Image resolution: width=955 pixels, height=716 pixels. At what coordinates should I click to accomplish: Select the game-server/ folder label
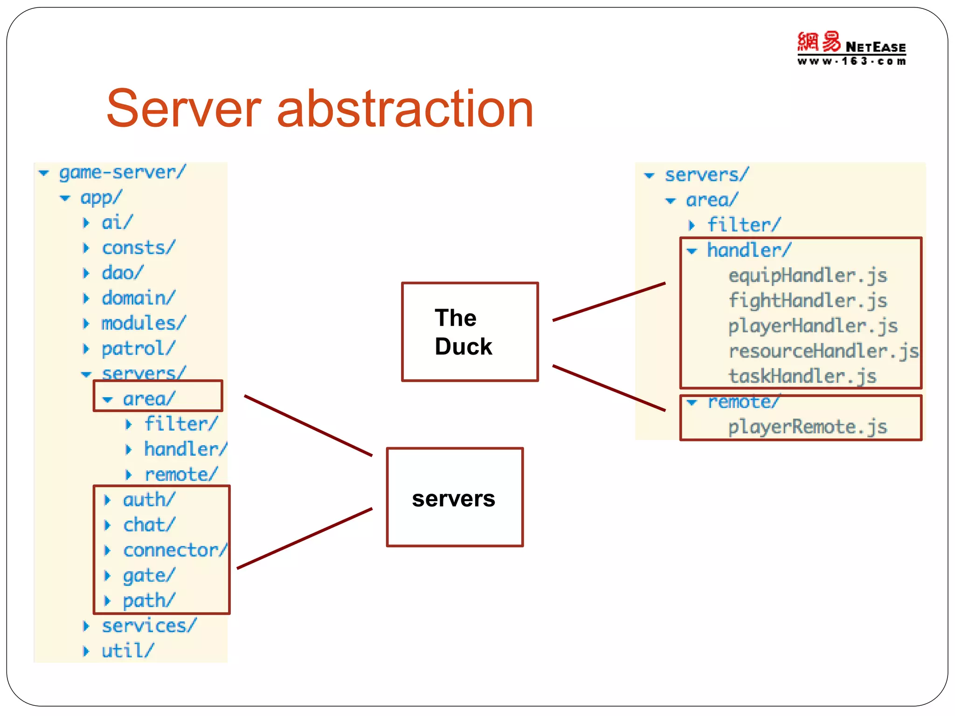[122, 172]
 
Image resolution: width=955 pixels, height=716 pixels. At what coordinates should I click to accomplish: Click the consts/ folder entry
[138, 248]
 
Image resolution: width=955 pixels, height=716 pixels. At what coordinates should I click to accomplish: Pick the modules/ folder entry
[143, 323]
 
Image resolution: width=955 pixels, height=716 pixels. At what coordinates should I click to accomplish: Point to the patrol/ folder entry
[138, 348]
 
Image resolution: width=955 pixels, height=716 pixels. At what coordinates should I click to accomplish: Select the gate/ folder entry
[149, 575]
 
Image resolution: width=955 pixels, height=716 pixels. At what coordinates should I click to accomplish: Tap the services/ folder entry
[149, 626]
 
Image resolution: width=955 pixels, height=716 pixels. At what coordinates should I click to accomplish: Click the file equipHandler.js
[808, 275]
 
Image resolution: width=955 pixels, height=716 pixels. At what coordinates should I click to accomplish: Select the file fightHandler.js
[808, 301]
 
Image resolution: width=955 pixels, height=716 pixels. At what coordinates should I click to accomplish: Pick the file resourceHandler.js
[824, 351]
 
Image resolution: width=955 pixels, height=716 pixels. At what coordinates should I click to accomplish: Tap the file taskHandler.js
[802, 376]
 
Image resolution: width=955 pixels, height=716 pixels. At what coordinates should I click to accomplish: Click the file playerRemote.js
[808, 427]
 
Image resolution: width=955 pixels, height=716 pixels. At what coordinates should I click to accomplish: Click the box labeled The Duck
[470, 332]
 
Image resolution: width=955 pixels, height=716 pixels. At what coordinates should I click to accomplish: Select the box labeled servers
[455, 497]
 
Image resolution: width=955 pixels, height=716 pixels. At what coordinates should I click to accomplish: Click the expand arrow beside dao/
[86, 273]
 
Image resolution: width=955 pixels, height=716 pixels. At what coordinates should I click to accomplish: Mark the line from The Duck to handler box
[609, 302]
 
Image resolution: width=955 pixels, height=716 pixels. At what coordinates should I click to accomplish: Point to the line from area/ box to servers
[308, 425]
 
